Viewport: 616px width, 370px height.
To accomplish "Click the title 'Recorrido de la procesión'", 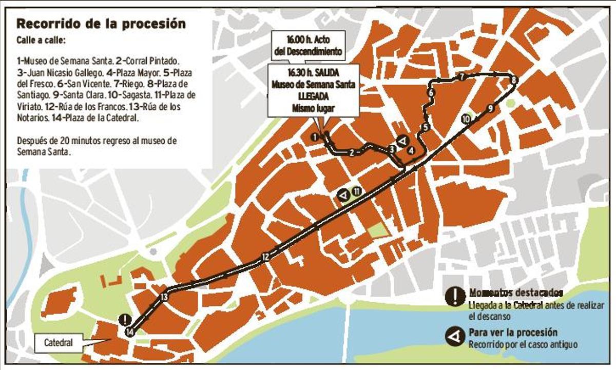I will point(101,24).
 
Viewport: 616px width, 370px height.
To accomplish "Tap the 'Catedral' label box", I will point(57,342).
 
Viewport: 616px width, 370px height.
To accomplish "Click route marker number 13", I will point(164,297).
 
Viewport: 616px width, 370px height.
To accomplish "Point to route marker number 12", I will point(265,257).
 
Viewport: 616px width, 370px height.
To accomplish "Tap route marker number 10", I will point(466,119).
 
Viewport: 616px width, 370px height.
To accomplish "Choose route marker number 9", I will point(491,108).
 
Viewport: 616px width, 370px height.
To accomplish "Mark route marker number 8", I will point(513,80).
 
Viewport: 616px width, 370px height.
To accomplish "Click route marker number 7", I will point(462,77).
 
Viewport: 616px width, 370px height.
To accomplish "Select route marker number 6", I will point(431,93).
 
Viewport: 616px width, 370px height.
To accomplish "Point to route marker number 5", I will point(425,127).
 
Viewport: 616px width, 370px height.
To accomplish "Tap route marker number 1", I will point(314,137).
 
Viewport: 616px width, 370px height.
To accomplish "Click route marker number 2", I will point(352,152).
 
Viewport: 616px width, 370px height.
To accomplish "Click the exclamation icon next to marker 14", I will point(124,319).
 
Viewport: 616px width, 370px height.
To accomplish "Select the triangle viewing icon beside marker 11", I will point(343,195).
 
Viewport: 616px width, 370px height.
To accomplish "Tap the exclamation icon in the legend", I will point(455,297).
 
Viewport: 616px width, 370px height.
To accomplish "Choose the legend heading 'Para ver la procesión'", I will point(513,333).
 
